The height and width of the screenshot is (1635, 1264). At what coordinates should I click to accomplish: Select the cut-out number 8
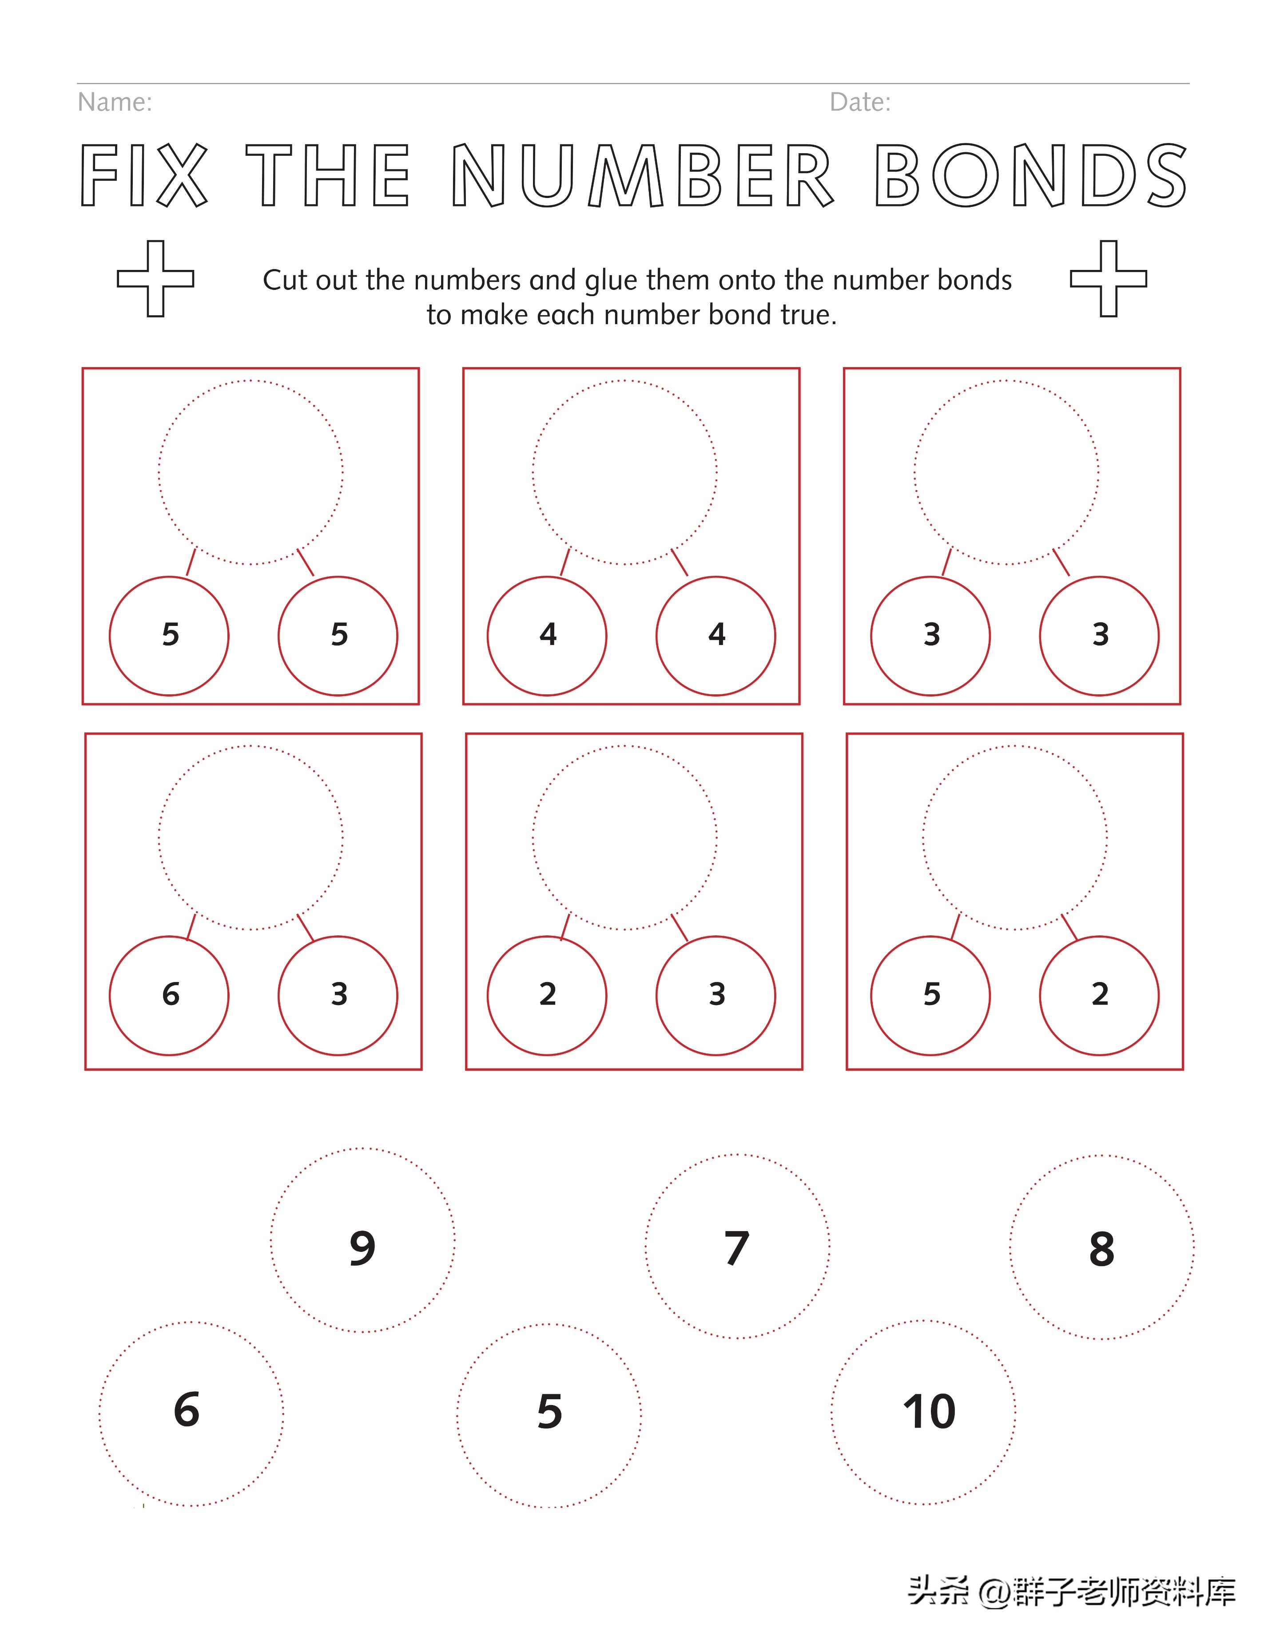1101,1249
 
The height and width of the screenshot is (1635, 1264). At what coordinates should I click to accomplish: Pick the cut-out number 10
929,1412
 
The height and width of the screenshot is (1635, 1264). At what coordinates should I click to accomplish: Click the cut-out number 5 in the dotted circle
550,1412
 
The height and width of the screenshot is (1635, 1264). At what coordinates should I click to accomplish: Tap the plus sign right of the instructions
1108,278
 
